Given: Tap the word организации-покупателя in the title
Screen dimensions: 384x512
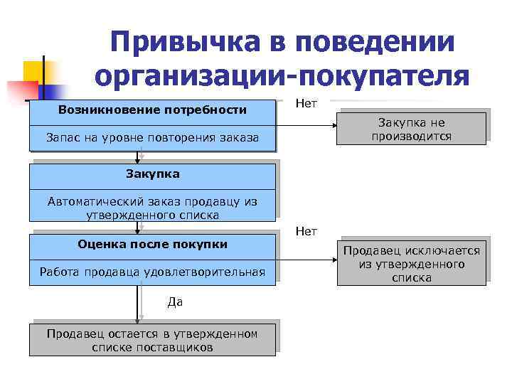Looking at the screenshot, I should [x=281, y=76].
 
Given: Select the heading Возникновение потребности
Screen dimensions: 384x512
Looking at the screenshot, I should [x=152, y=110].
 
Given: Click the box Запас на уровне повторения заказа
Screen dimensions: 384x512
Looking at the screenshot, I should [x=152, y=137].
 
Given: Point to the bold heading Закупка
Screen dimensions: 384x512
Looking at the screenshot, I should [x=152, y=174].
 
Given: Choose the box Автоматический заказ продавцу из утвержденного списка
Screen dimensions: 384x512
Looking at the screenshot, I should [x=152, y=208].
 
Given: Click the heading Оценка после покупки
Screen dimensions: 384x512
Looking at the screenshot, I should [x=152, y=245].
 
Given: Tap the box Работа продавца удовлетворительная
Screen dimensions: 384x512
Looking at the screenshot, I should [x=152, y=272].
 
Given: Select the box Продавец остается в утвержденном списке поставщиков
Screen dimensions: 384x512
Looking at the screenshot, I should [x=152, y=341].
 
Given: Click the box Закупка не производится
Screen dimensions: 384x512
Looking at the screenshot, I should [x=411, y=129].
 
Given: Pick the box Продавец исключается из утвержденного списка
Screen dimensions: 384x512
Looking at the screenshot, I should [x=411, y=264].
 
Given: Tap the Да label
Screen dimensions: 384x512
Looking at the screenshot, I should [x=175, y=302].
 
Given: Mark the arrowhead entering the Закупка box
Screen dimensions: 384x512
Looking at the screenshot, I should [x=138, y=160].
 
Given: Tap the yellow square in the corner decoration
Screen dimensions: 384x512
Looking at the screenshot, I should [x=35, y=73].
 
